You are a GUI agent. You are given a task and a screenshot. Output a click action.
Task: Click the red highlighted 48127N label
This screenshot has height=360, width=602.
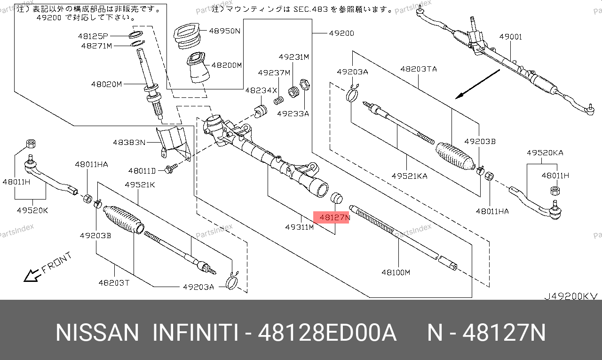332,217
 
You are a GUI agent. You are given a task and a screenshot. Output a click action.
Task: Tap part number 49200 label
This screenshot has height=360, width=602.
341,33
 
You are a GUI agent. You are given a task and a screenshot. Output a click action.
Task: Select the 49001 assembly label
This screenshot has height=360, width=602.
510,37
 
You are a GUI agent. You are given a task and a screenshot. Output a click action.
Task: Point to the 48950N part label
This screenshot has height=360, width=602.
225,31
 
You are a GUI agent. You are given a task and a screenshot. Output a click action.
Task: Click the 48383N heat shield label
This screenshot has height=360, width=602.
129,142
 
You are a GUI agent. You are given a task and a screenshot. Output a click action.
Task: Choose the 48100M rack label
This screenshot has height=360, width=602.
396,272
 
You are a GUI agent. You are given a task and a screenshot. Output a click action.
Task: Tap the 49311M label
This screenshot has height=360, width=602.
300,227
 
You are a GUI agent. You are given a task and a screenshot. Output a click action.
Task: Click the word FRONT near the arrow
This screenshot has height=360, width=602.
57,263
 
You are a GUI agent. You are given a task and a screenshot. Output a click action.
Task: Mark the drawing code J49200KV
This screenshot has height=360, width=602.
571,296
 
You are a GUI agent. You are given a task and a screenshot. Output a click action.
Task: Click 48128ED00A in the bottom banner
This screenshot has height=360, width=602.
327,333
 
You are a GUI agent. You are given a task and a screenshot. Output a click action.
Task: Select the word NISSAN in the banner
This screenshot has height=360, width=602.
97,333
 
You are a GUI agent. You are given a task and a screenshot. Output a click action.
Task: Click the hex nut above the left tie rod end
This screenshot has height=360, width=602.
31,144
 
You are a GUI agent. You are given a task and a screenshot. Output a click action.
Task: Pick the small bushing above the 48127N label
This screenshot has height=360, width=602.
336,198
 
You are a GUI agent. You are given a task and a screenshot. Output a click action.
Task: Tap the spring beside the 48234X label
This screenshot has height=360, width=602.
279,101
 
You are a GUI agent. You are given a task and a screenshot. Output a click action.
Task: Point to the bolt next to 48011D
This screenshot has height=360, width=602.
171,168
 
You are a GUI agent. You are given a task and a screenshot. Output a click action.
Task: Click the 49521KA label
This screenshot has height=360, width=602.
409,176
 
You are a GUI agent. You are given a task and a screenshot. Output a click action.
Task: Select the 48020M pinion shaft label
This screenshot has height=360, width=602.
107,84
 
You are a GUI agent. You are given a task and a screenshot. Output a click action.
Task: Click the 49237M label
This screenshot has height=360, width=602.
274,73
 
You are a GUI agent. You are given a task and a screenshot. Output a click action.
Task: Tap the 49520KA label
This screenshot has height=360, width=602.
545,153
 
